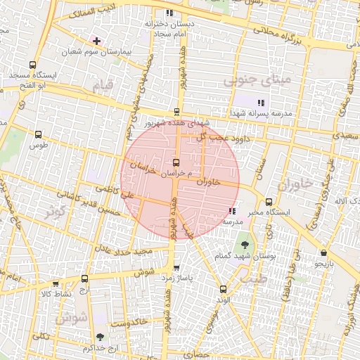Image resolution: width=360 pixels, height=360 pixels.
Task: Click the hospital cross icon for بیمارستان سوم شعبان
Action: (96, 41)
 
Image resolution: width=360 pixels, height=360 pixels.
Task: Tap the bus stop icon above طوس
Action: (38, 134)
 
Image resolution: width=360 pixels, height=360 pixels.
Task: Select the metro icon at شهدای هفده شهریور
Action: (176, 111)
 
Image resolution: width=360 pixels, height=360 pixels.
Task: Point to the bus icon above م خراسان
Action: (176, 161)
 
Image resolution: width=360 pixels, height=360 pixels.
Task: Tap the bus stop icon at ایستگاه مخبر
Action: (269, 202)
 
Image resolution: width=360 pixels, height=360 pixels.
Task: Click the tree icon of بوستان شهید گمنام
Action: (244, 245)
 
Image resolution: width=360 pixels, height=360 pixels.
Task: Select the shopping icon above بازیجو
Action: (323, 253)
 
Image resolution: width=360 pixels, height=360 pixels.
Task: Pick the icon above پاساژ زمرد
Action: (176, 268)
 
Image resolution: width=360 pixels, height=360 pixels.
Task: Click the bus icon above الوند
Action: (223, 288)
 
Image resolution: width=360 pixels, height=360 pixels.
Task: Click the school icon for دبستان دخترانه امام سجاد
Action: (168, 13)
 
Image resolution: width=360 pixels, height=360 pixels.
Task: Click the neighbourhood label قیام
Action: (103, 86)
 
